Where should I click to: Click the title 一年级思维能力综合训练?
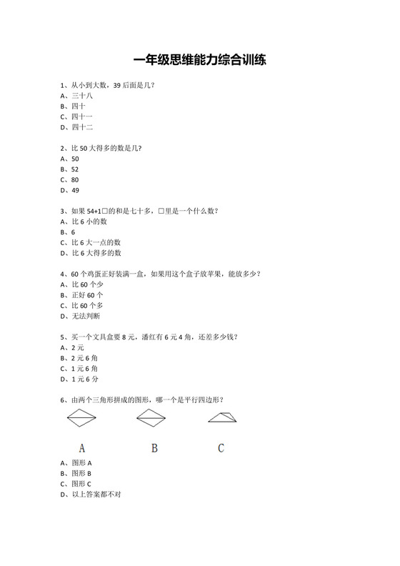(x=199, y=61)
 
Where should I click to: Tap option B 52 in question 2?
(x=71, y=169)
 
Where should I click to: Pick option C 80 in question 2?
(x=71, y=180)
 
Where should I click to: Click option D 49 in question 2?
(x=71, y=191)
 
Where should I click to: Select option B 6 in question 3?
(x=68, y=232)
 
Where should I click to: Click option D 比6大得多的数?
(x=91, y=253)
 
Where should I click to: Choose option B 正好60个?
(x=83, y=294)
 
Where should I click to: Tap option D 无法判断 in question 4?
(x=81, y=316)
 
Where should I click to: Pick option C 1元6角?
(x=80, y=368)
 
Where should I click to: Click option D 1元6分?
(x=80, y=379)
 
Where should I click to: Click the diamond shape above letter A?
(x=82, y=418)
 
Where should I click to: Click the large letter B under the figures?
(x=154, y=449)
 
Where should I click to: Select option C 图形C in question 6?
(x=76, y=484)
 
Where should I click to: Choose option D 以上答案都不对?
(x=91, y=495)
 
